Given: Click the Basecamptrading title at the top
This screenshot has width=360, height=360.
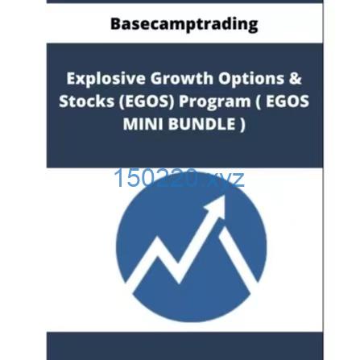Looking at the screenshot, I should (184, 23).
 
